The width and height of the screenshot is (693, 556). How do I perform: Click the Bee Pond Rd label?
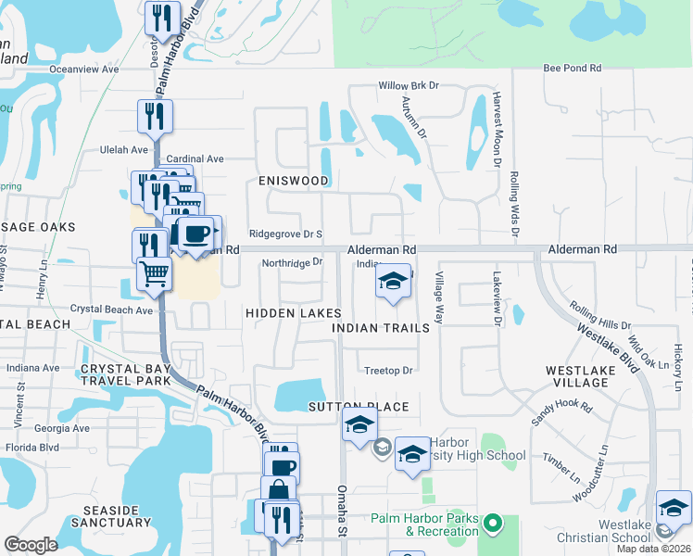pyautogui.click(x=572, y=69)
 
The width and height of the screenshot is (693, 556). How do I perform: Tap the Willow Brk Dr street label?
pyautogui.click(x=407, y=86)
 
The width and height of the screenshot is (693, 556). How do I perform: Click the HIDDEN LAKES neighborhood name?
pyautogui.click(x=293, y=314)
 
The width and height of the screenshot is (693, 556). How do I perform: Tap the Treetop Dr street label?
pyautogui.click(x=388, y=371)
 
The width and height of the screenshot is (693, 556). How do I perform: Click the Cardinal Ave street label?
pyautogui.click(x=195, y=158)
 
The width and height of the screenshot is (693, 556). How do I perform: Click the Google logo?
pyautogui.click(x=31, y=545)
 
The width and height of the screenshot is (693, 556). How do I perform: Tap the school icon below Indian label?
pyautogui.click(x=393, y=282)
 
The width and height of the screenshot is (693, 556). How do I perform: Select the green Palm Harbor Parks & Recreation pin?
pyautogui.click(x=494, y=524)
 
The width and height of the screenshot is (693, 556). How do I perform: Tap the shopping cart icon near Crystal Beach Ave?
pyautogui.click(x=154, y=272)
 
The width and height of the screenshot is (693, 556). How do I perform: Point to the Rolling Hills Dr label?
pyautogui.click(x=600, y=315)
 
